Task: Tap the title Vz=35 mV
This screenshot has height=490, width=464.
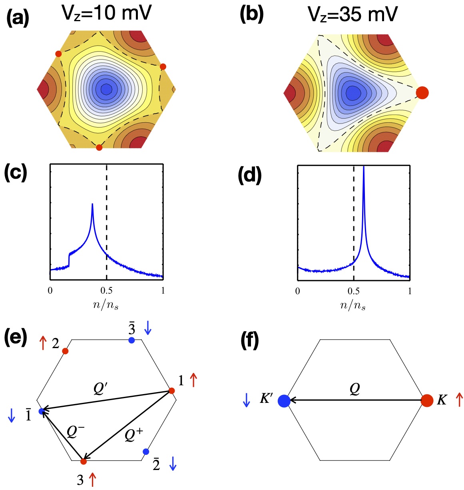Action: coord(352,15)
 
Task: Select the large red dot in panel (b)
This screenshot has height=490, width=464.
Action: coord(422,93)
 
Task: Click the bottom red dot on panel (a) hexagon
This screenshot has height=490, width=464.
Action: coord(99,147)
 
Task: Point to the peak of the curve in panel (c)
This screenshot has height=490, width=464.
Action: coord(92,205)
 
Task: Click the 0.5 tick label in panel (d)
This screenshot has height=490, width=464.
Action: coord(353,291)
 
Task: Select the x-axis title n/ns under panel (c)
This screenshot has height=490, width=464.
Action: coord(106,305)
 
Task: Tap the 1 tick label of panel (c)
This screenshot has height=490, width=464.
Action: coord(163,291)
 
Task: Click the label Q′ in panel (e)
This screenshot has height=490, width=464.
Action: coord(101,389)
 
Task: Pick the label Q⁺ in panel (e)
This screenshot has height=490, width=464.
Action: coord(134,434)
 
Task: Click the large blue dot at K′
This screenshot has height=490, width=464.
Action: coord(284,400)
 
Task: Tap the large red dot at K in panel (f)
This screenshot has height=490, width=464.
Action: coord(427,400)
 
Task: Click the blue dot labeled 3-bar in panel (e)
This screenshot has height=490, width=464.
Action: coord(131,340)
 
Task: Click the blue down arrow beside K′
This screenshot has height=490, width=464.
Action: coord(247,400)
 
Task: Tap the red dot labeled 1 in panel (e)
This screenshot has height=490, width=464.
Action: coord(171,390)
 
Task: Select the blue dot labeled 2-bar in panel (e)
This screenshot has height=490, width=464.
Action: coord(146,452)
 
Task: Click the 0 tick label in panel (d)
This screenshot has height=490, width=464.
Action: coord(298,291)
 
